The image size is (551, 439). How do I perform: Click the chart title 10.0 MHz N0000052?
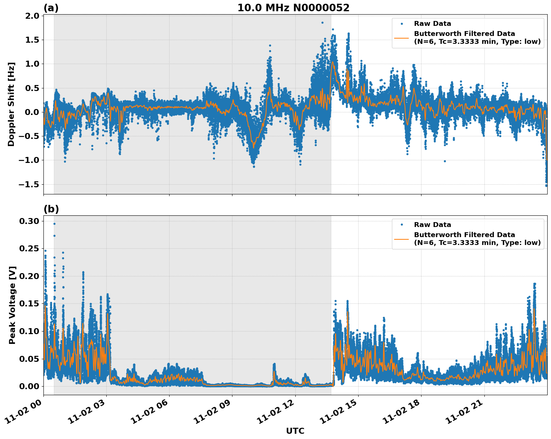(293, 8)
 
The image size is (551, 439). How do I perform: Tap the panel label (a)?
(51, 8)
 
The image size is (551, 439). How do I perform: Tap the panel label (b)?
(51, 209)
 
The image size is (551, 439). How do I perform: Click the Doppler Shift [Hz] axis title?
(11, 104)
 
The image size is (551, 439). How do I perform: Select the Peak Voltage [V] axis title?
(12, 305)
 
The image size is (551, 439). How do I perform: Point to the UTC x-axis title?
(295, 431)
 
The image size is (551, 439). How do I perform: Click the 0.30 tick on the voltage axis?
(29, 221)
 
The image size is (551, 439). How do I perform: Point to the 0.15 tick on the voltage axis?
(29, 303)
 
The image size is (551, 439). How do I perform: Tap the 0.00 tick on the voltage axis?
(29, 386)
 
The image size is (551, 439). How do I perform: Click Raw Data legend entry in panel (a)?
(432, 24)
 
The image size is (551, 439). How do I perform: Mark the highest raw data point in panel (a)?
(322, 22)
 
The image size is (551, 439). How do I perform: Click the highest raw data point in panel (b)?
(54, 224)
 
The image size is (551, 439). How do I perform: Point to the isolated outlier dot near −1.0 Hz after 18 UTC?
(445, 161)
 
